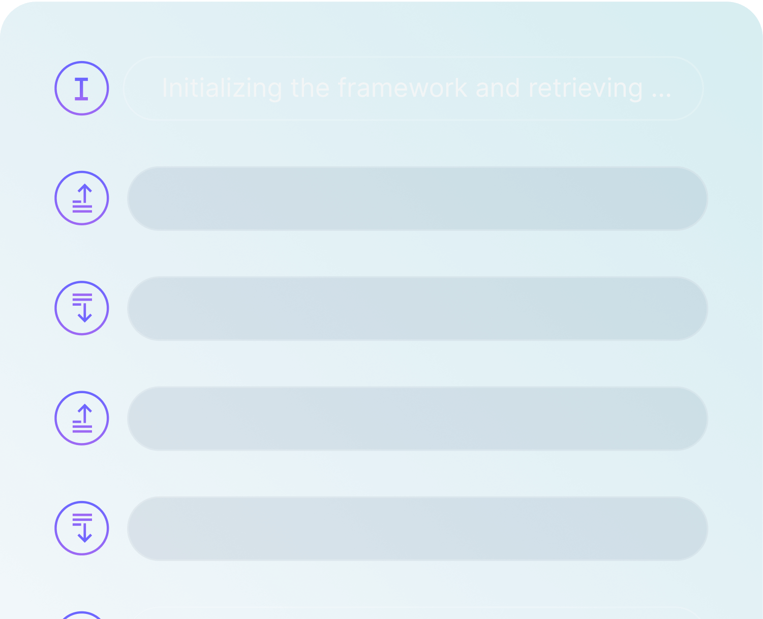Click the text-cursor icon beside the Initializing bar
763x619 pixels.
click(x=82, y=89)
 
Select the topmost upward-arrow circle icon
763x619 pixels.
click(x=82, y=198)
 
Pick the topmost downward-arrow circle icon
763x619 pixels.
click(x=82, y=308)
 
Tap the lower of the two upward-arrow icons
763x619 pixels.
click(x=82, y=418)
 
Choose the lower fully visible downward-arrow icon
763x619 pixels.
click(x=82, y=528)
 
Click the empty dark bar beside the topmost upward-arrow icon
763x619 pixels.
click(x=417, y=198)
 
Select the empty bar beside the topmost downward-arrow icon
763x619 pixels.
click(x=417, y=308)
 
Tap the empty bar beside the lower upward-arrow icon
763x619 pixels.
click(x=417, y=418)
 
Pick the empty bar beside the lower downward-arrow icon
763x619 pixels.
click(x=417, y=528)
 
